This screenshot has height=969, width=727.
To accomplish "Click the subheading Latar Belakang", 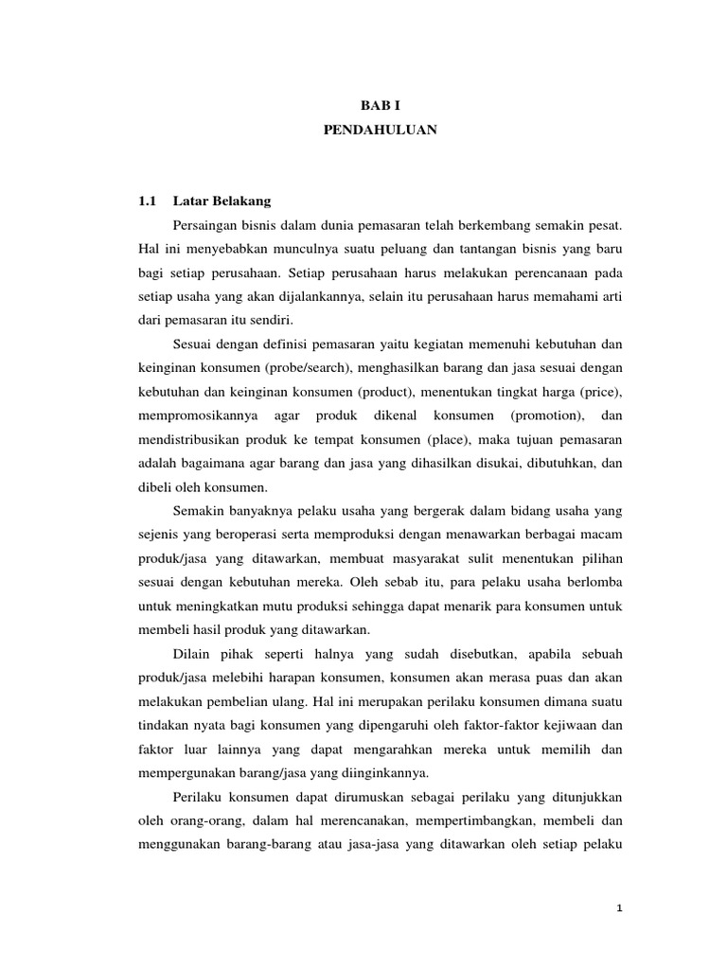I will point(222,202).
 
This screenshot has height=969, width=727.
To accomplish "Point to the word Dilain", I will point(193,654).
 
